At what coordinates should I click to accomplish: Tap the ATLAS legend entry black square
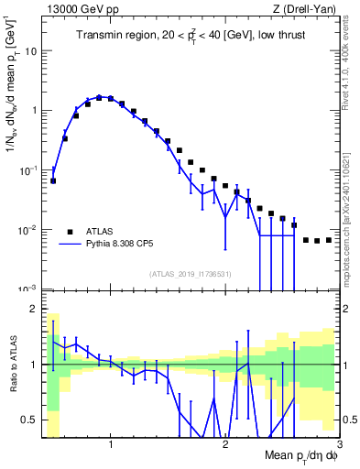(69, 231)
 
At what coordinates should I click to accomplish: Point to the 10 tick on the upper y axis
(29, 51)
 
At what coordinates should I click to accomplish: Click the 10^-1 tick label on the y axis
(27, 170)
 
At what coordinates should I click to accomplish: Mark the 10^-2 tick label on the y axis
(27, 230)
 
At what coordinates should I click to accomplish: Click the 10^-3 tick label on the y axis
(27, 289)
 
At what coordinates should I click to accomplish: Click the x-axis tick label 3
(338, 444)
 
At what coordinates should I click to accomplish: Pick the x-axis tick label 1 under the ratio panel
(111, 444)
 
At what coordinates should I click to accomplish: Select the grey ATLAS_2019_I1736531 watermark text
(189, 274)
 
